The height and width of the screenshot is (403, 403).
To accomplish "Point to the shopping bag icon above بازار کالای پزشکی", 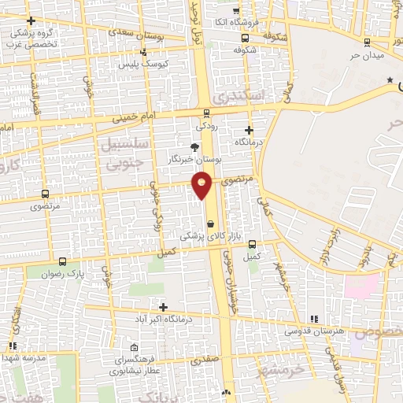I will tap(209, 224).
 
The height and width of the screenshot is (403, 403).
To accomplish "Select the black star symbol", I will tap(390, 80).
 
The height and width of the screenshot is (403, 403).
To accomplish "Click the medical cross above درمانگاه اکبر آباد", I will tap(164, 307).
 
